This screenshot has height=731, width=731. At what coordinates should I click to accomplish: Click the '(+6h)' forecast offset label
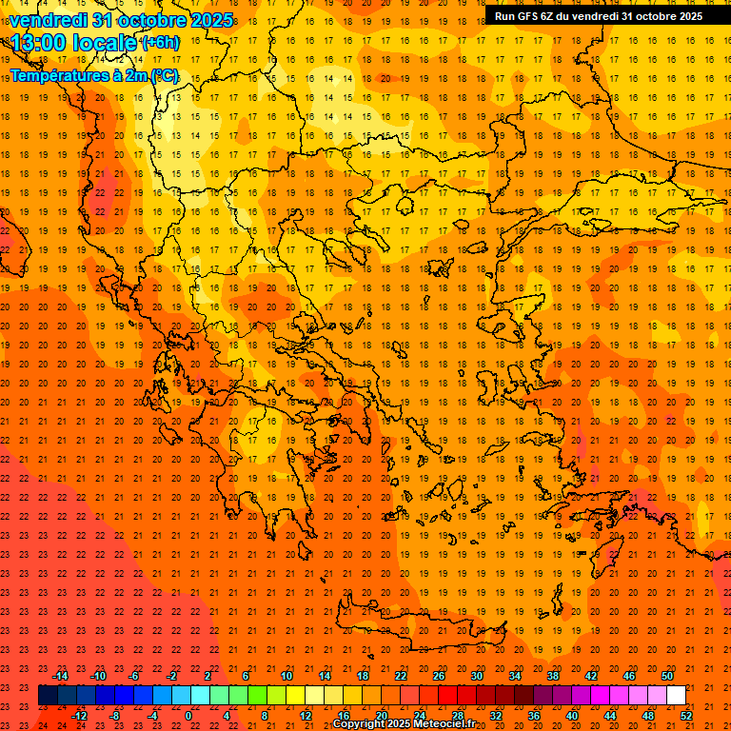coord(158,43)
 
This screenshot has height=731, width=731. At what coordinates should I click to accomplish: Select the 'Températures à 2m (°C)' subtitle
coord(93,76)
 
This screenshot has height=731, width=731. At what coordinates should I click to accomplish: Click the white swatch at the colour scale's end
coord(676,696)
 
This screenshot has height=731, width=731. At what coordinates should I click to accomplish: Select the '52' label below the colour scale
coord(686,716)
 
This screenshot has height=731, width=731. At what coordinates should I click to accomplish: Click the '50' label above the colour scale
coord(666,676)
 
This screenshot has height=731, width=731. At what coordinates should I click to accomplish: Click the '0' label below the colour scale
coord(189,716)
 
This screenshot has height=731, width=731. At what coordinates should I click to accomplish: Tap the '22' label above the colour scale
coord(400,676)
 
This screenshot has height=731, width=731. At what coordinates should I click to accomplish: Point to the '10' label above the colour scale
coord(286,676)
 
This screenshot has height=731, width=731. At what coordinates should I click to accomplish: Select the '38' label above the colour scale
coord(552,676)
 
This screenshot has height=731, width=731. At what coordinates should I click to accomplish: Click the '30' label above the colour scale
coord(476,676)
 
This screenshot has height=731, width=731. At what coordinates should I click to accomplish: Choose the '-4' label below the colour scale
coord(152,716)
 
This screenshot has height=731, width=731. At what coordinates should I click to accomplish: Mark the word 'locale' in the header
coord(107,43)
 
